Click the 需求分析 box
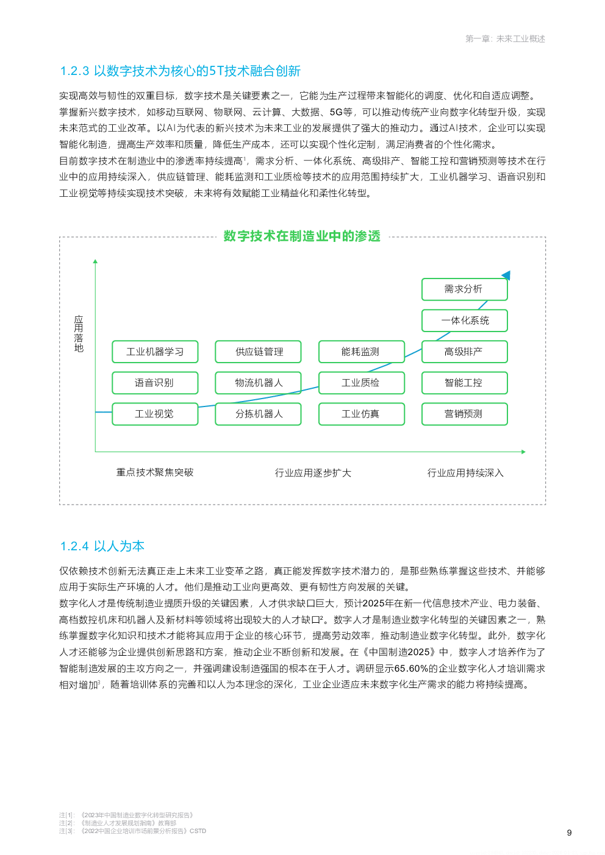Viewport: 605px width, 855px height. point(464,289)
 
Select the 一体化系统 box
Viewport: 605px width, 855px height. point(464,321)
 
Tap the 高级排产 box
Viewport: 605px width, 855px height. point(464,352)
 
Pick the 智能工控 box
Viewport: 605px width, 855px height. point(464,383)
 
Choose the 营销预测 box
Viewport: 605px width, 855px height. point(464,414)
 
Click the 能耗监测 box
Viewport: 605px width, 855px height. point(361,352)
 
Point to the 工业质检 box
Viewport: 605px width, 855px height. point(361,383)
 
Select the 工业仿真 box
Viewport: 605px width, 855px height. point(361,414)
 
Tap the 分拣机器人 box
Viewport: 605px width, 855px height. point(258,414)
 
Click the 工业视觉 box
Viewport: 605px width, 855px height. point(155,414)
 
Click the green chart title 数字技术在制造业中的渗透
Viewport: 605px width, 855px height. point(302,236)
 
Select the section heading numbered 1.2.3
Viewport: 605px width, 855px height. point(181,71)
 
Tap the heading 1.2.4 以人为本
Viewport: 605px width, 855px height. point(102,546)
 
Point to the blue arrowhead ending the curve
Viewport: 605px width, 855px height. point(506,275)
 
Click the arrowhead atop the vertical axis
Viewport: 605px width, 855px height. point(95,261)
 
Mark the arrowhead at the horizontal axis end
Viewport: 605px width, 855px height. point(523,452)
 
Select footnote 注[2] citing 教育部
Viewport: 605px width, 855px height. point(118,823)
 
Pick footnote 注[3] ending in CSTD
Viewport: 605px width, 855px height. point(133,831)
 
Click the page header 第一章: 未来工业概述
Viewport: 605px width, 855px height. point(505,39)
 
